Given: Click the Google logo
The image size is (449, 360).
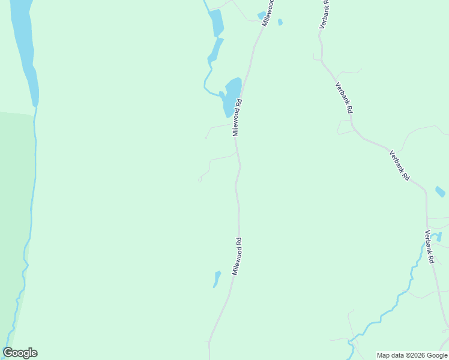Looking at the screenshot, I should pyautogui.click(x=20, y=353).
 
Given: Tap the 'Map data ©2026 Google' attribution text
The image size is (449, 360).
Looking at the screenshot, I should pyautogui.click(x=412, y=355).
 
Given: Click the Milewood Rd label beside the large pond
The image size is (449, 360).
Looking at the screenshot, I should pyautogui.click(x=237, y=118).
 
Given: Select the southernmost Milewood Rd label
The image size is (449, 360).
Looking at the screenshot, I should pyautogui.click(x=237, y=256).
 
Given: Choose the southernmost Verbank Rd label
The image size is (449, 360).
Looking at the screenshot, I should pyautogui.click(x=430, y=247).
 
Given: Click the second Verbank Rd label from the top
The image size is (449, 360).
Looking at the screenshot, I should pyautogui.click(x=345, y=98).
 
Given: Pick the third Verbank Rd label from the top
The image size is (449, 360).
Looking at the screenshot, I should pyautogui.click(x=399, y=166).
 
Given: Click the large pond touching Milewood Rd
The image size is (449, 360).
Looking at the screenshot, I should pyautogui.click(x=231, y=95).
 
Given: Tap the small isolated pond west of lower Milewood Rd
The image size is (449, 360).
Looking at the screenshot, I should pyautogui.click(x=216, y=279).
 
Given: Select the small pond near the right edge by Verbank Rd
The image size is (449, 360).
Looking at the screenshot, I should pyautogui.click(x=440, y=192).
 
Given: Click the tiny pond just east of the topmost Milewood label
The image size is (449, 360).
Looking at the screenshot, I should pyautogui.click(x=280, y=22).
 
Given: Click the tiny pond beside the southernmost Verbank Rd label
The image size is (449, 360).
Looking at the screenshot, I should pyautogui.click(x=439, y=236).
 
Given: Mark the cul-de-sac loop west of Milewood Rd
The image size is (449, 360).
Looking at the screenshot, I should pyautogui.click(x=200, y=179).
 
